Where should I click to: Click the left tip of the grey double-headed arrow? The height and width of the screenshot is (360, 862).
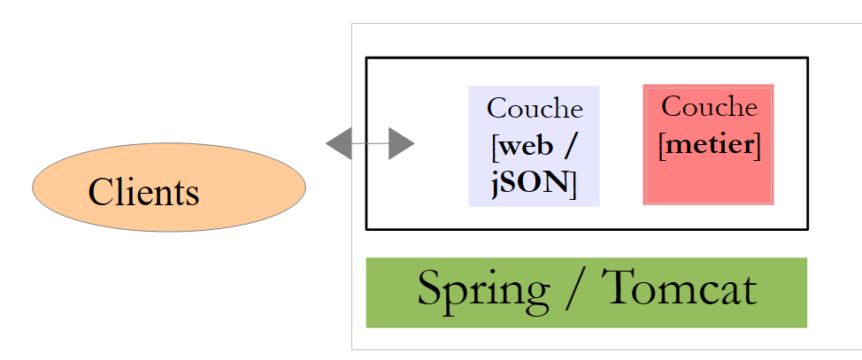coord(326,143)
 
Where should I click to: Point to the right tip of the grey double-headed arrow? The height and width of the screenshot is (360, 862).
coord(415,143)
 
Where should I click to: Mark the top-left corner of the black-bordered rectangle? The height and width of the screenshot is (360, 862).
coord(366,57)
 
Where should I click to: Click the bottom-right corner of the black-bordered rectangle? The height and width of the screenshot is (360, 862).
coord(808,230)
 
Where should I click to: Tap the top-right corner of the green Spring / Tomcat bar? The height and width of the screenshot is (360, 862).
coord(807,257)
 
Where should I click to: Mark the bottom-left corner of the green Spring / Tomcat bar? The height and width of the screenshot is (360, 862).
coord(366,328)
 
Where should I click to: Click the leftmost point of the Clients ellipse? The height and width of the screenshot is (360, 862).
coord(32,188)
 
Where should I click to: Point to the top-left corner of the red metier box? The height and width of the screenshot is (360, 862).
coord(643,85)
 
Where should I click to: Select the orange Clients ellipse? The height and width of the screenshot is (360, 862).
coord(169,188)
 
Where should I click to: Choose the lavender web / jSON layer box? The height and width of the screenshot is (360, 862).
coord(534,146)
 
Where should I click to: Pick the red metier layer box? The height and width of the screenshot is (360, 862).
coord(709,144)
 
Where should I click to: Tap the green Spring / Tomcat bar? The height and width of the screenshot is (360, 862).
coord(587,293)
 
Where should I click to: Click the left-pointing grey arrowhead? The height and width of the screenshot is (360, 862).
coord(339,143)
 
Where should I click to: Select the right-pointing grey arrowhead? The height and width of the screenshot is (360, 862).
coord(402,143)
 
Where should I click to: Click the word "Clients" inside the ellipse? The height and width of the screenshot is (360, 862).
coord(143,192)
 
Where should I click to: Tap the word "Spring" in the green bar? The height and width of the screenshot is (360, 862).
coord(483,291)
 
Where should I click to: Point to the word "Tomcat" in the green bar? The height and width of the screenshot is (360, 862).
coord(679,287)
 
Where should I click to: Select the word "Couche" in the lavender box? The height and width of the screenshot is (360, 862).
coord(535,108)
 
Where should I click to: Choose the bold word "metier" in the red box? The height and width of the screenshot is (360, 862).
coord(710,145)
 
